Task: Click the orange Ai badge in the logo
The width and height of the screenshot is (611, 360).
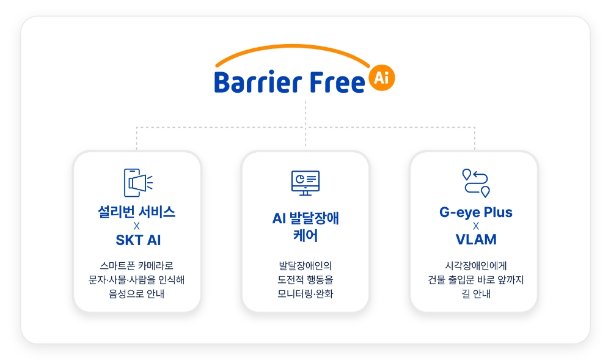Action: (381, 78)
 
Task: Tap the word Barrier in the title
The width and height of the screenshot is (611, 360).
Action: (258, 83)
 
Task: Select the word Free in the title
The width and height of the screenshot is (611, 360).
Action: (337, 83)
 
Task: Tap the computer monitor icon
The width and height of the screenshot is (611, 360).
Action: (305, 183)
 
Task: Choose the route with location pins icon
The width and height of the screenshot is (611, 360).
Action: (476, 183)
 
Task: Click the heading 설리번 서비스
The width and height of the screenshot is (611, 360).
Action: (136, 212)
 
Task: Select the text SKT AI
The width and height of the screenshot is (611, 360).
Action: (138, 240)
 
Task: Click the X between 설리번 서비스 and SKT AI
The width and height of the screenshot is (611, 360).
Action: (136, 226)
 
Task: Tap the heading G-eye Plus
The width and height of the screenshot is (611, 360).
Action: (476, 212)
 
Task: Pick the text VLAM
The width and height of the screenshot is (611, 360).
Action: (476, 239)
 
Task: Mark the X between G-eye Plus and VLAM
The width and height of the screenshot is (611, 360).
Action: (476, 226)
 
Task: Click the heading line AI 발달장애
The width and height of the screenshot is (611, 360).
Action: (305, 218)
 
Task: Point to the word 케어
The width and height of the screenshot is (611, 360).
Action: (305, 236)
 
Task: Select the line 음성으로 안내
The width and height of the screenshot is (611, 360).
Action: (136, 294)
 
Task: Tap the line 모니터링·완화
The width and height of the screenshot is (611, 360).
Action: (305, 294)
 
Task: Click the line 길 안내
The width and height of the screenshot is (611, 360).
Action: (476, 294)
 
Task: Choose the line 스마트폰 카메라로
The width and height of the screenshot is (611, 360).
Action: (136, 266)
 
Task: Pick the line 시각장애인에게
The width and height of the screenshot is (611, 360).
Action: (476, 266)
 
